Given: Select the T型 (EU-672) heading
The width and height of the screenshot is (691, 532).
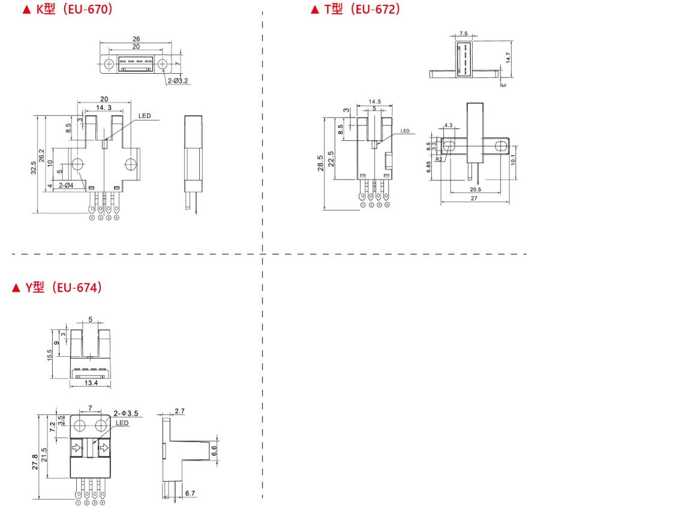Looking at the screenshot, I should (x=355, y=10).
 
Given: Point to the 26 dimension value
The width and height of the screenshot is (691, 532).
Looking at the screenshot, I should (x=136, y=39).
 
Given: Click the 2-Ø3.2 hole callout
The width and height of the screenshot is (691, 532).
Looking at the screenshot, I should (x=178, y=80).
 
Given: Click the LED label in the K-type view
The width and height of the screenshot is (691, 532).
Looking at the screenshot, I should (x=145, y=116).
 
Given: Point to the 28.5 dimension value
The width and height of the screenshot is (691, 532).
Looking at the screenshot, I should (x=320, y=163).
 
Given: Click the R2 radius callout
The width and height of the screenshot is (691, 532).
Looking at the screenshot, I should (x=440, y=160).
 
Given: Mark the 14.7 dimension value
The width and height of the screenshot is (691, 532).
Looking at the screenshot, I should (x=507, y=58).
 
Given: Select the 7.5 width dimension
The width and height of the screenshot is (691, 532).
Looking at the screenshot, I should (x=464, y=34).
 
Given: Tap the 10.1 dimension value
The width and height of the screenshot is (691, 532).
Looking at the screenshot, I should (x=514, y=159).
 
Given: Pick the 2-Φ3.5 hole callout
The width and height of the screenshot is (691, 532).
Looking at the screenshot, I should (x=126, y=414).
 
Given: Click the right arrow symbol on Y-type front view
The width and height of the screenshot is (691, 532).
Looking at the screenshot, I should (x=104, y=447).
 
